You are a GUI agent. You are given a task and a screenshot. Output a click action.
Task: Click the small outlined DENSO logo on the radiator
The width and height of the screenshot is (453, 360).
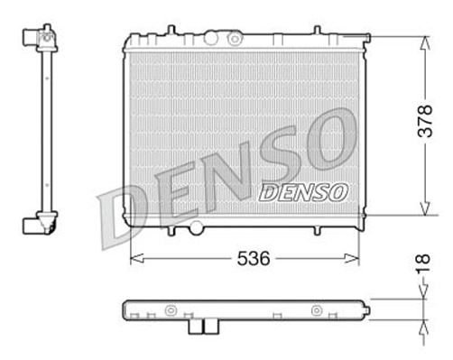click(x=301, y=191)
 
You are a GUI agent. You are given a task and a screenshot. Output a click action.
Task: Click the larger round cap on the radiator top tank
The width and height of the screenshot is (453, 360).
click(x=213, y=38)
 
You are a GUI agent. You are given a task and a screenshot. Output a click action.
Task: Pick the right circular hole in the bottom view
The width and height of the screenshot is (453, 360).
click(x=316, y=310)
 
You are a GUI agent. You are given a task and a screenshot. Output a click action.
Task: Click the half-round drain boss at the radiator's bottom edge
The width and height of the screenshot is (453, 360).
click(x=199, y=227)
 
